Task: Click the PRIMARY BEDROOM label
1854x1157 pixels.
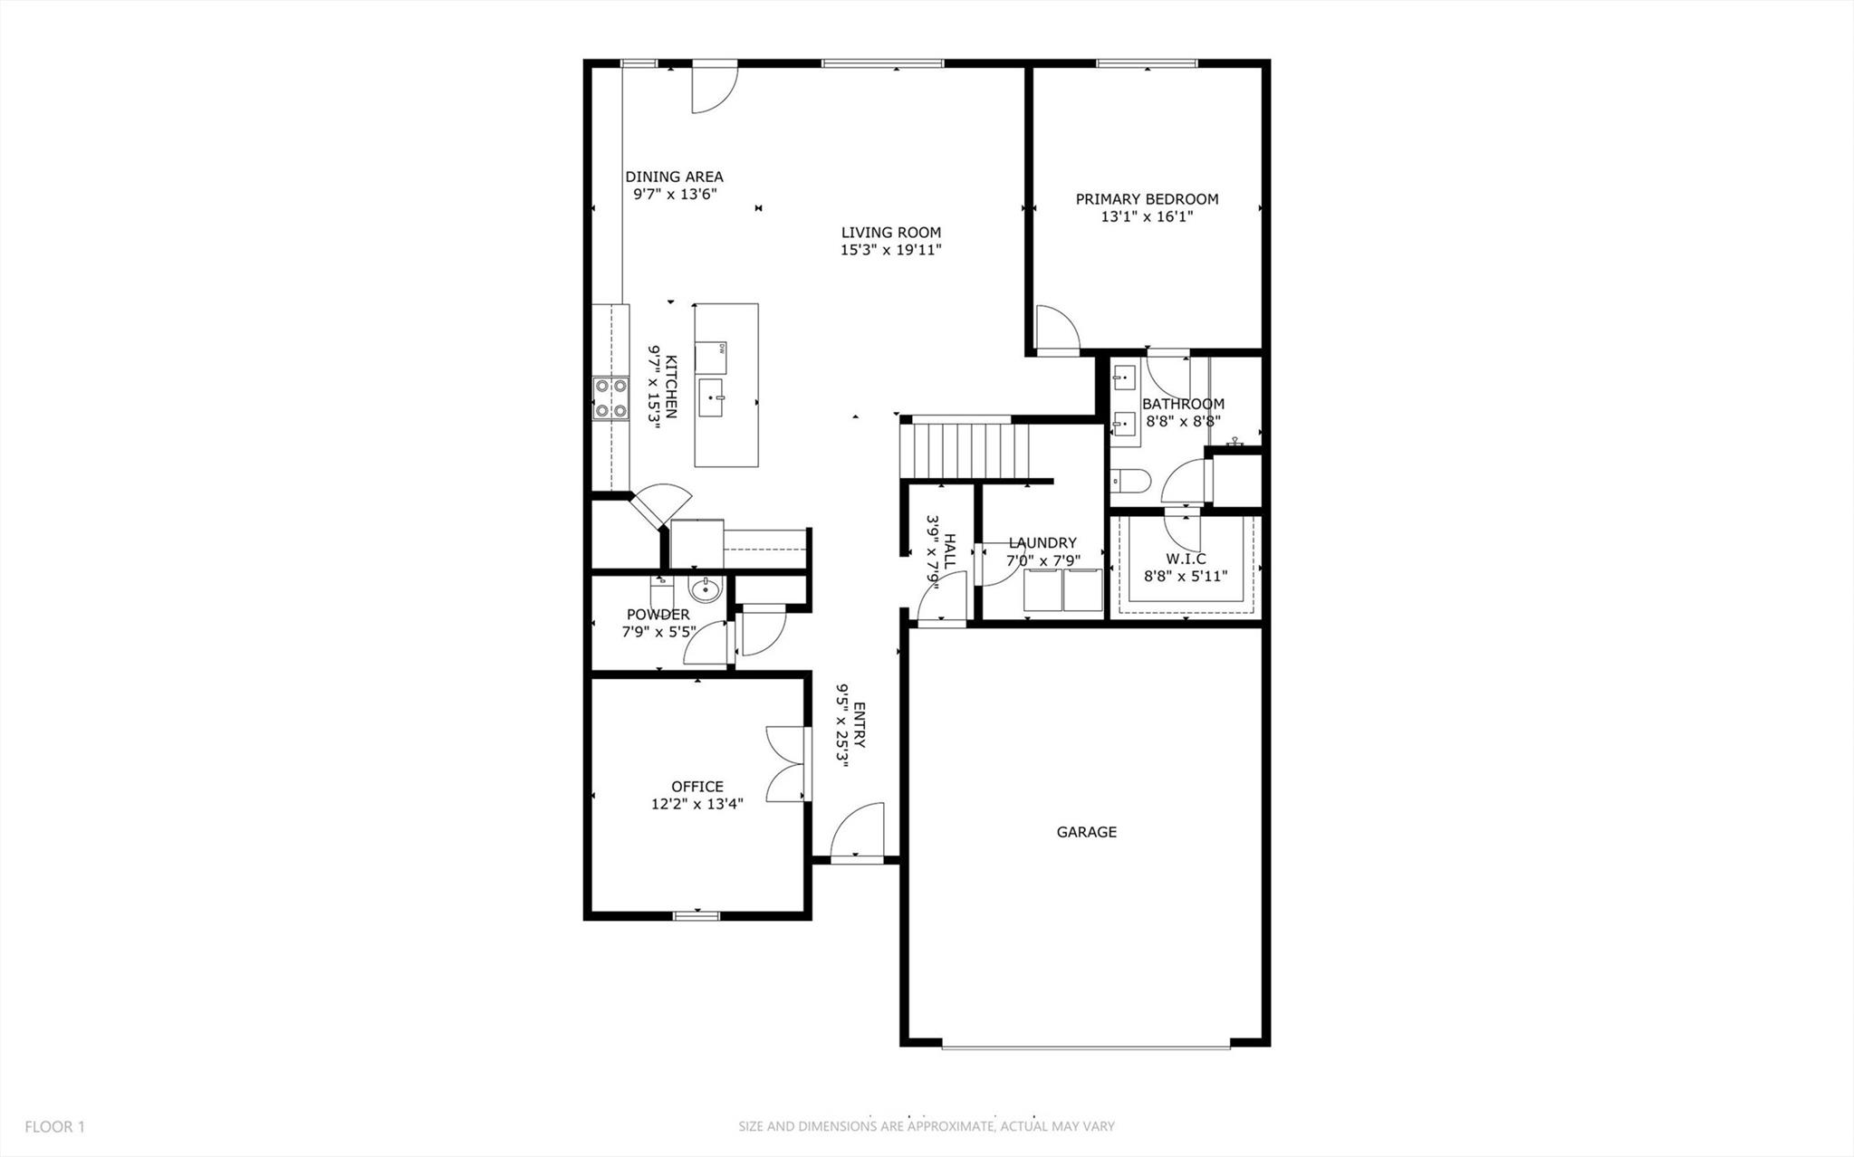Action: [x=1147, y=199]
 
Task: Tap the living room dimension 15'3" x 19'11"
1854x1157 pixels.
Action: [x=891, y=251]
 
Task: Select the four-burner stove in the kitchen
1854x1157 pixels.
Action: [x=610, y=399]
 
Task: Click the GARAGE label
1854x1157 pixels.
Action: [x=1086, y=832]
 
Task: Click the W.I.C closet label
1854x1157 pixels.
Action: [x=1186, y=559]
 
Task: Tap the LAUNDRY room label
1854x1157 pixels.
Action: [x=1042, y=543]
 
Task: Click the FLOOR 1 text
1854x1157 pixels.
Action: [x=54, y=1127]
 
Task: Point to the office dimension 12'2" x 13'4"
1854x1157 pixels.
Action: [x=696, y=804]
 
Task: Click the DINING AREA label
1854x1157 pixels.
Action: [x=674, y=177]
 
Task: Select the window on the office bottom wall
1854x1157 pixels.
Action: [x=696, y=915]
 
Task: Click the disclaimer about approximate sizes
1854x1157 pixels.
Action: [x=926, y=1127]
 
